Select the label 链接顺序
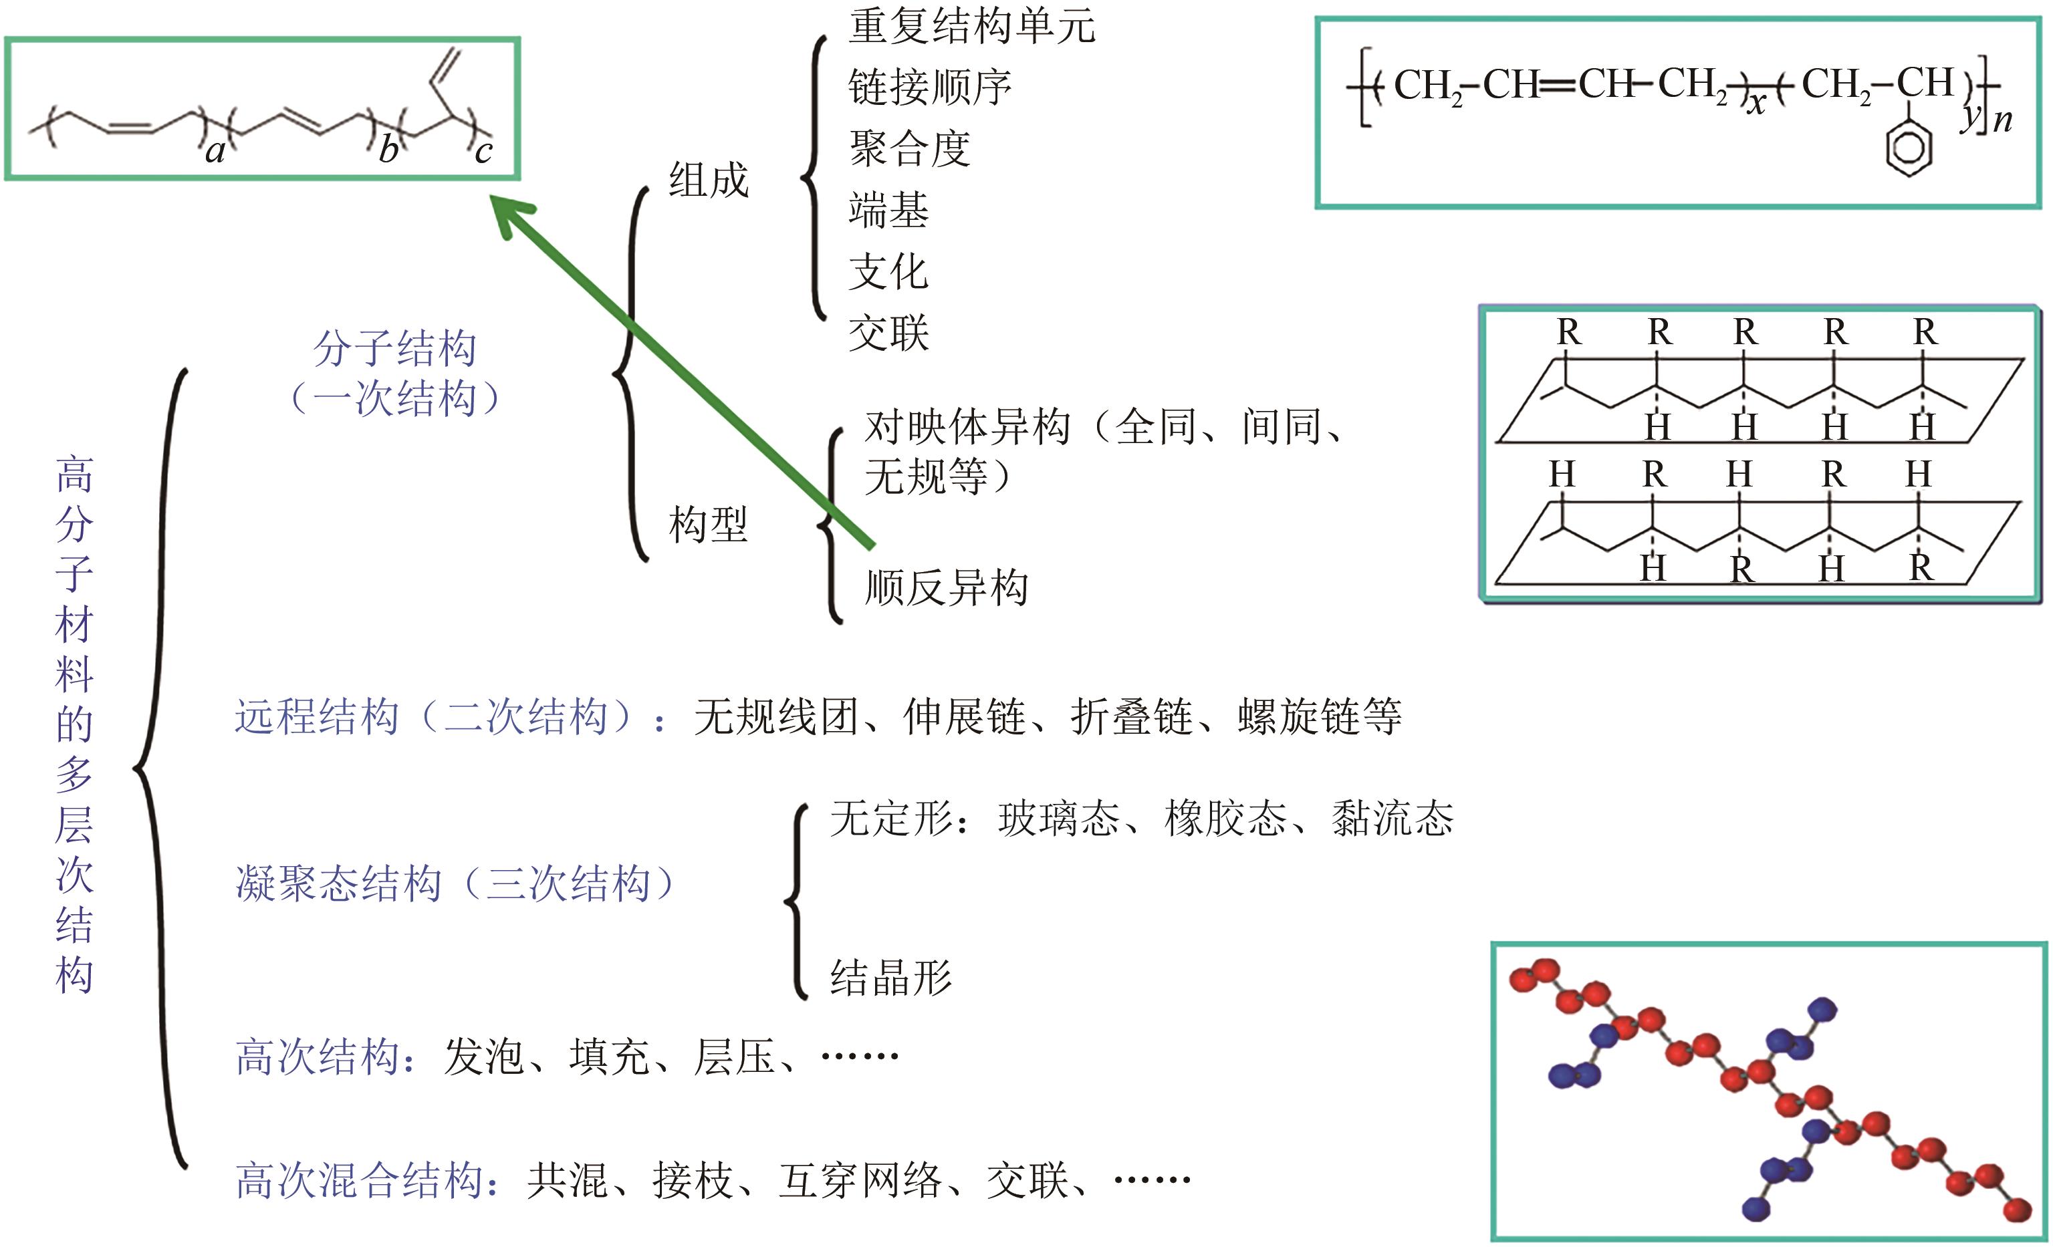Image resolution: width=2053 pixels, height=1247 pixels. coord(930,88)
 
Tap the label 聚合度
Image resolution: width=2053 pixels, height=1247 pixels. coord(909,149)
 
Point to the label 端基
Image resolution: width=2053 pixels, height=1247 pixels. coord(888,210)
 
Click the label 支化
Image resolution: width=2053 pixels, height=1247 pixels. coord(888,273)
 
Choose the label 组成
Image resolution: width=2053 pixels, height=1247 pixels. coord(708,180)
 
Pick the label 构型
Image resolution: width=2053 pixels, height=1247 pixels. coord(708,525)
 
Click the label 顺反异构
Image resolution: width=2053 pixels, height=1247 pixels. coord(946,587)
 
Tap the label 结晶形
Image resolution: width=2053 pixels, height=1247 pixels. coord(890,977)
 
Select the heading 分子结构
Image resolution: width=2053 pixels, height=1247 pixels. coord(394,348)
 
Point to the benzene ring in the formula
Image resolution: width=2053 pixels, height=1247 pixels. coord(1908,148)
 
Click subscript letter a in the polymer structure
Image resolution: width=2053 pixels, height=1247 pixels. coord(215,152)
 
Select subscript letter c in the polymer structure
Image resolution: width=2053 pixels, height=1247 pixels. coord(483,152)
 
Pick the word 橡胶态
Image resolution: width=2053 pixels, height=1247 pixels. coord(1225,818)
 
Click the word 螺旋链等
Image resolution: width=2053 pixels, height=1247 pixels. coord(1319,716)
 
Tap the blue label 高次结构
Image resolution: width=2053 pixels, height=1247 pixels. coord(318,1057)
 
